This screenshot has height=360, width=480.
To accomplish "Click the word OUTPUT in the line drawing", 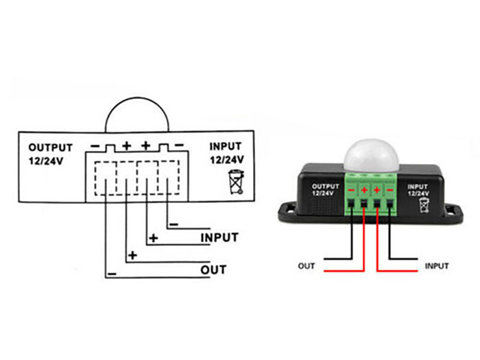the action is click(x=51, y=147).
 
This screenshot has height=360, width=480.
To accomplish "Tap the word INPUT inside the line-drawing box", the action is click(x=226, y=147).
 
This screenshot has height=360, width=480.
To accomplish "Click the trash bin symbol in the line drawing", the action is click(x=237, y=182).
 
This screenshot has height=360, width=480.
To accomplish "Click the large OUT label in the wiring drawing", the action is click(x=213, y=270).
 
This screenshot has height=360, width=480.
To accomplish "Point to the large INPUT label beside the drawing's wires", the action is click(x=219, y=237).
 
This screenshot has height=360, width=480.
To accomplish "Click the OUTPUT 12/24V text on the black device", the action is click(x=326, y=190).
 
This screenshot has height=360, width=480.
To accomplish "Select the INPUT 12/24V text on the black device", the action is click(x=418, y=190).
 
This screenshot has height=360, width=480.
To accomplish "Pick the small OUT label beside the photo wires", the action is click(x=306, y=266).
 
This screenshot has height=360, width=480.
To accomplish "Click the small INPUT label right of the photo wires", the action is click(x=437, y=266).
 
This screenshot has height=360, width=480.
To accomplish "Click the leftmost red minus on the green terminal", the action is click(x=351, y=191).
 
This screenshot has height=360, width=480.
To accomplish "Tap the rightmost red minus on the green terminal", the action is click(x=389, y=191).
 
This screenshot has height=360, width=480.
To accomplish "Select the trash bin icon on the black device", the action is click(x=424, y=205).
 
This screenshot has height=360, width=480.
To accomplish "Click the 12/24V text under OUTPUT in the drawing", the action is click(x=46, y=161).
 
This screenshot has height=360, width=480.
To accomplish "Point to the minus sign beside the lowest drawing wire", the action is click(x=112, y=274).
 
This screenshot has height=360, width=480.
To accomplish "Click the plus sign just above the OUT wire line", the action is click(x=132, y=255).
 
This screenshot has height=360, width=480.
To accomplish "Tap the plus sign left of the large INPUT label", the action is click(x=154, y=238).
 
